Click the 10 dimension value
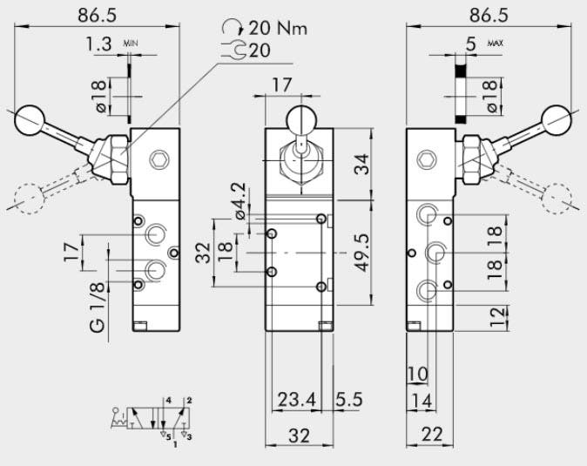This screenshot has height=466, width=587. (x=417, y=375)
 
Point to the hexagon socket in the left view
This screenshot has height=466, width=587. (x=158, y=159)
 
